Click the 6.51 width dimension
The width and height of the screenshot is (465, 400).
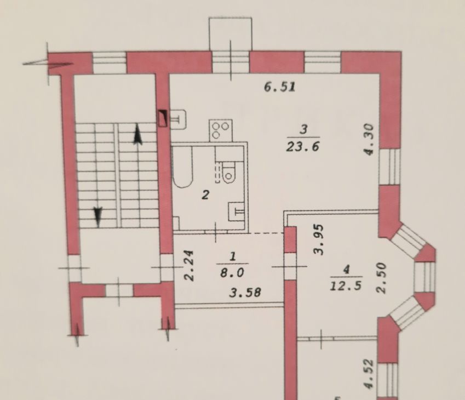(x=280, y=87)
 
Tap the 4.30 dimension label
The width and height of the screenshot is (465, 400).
(x=369, y=139)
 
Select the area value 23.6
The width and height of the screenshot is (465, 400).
(x=302, y=147)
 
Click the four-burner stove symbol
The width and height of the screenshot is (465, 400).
(x=221, y=130)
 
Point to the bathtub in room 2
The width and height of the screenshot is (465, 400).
(x=183, y=167)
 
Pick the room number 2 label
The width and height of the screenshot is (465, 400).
(x=205, y=195)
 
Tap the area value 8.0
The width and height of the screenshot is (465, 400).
(x=232, y=273)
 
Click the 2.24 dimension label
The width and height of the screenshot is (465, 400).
(x=189, y=265)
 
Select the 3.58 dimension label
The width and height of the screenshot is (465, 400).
(x=245, y=293)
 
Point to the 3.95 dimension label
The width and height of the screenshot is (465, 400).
(x=319, y=239)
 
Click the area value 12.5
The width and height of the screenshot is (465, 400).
(x=346, y=286)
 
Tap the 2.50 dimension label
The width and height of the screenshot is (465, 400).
(x=382, y=278)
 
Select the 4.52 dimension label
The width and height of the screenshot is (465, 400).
(x=369, y=374)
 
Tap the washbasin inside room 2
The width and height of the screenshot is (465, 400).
(x=237, y=212)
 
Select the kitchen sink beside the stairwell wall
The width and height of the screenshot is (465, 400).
(x=177, y=119)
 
